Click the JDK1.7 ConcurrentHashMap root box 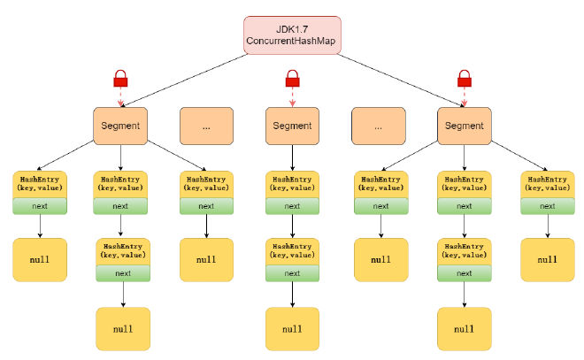pos(292,34)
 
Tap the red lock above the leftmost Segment pos(120,80)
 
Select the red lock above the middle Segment pos(292,80)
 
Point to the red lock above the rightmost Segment pos(464,80)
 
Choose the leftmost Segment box pos(120,126)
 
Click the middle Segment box pos(292,126)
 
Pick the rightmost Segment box pos(464,126)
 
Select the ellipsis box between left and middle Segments pos(206,126)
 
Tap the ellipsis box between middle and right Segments pos(378,126)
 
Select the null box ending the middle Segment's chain pos(292,329)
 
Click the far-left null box pos(40,259)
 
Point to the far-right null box pos(547,259)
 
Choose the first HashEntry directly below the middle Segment pos(292,184)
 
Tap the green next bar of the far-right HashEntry pos(547,206)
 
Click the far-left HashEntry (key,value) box pos(40,184)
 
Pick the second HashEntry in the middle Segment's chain pos(292,250)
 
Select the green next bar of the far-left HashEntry pos(40,206)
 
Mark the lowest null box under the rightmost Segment pos(464,329)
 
